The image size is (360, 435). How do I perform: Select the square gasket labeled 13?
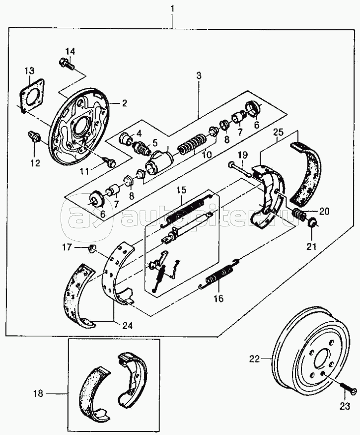click(31, 95)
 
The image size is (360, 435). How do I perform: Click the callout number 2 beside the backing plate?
click(124, 103)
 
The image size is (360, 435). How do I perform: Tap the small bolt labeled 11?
click(110, 162)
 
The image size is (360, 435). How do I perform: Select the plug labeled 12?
click(34, 136)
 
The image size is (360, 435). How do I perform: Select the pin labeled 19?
click(240, 170)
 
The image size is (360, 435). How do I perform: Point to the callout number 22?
click(254, 359)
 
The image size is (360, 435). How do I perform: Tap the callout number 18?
click(39, 393)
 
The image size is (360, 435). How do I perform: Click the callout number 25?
click(278, 132)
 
